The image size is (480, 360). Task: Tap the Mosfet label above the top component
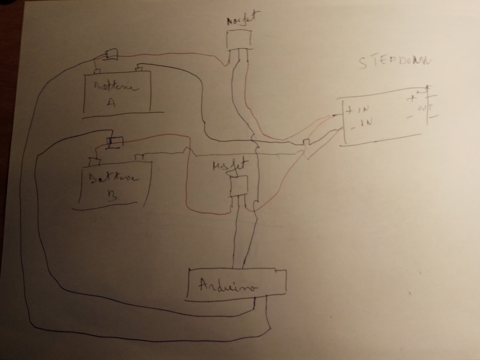click(x=239, y=22)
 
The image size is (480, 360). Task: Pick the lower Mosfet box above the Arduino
click(x=240, y=186)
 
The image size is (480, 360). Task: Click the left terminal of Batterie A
click(x=97, y=72)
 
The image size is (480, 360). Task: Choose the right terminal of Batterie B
click(x=140, y=157)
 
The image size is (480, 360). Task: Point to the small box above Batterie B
click(x=116, y=142)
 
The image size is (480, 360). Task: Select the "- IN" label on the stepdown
click(x=356, y=123)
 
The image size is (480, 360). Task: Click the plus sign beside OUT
click(x=412, y=99)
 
